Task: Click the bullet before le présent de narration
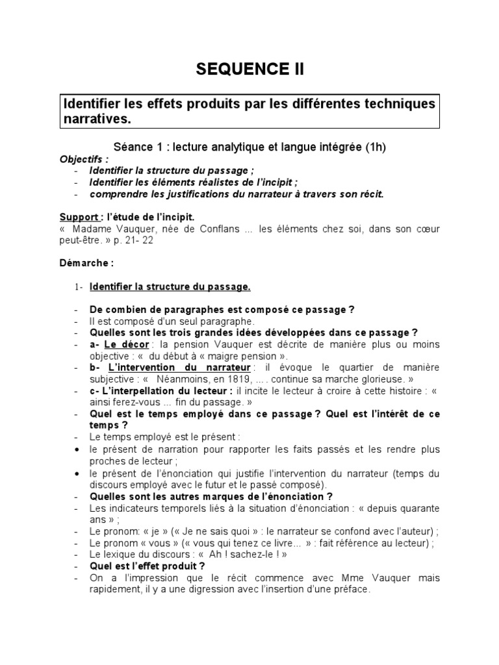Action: pos(77,449)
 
